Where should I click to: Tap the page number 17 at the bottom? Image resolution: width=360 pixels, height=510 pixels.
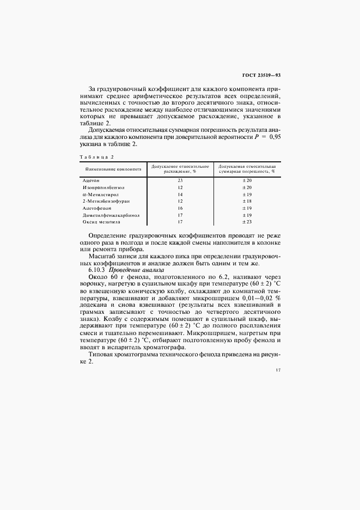pyautogui.click(x=278, y=370)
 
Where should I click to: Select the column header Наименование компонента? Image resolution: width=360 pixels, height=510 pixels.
pyautogui.click(x=112, y=169)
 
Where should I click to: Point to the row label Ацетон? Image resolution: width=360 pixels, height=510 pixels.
pyautogui.click(x=91, y=179)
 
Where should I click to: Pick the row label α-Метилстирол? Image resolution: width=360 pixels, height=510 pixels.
pyautogui.click(x=101, y=194)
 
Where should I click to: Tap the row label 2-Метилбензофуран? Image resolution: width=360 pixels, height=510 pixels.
pyautogui.click(x=105, y=201)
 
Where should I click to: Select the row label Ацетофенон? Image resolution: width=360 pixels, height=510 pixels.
pyautogui.click(x=97, y=208)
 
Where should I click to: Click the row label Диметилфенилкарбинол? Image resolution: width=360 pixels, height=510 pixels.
pyautogui.click(x=111, y=215)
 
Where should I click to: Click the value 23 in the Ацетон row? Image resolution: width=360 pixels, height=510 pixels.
pyautogui.click(x=180, y=179)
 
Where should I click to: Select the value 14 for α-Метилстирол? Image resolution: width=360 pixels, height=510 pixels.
pyautogui.click(x=180, y=194)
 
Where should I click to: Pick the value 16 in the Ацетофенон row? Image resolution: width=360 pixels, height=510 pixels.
pyautogui.click(x=180, y=208)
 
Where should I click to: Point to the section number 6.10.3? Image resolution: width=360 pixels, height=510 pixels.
pyautogui.click(x=97, y=270)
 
